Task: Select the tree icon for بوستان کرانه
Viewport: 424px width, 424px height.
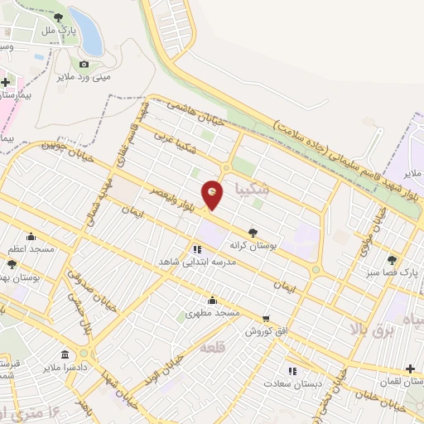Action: tap(252, 233)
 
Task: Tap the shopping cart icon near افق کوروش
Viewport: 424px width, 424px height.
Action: tap(265, 318)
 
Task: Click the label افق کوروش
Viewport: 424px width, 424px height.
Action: tap(265, 331)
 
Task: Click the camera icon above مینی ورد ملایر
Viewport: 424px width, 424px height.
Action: tap(84, 65)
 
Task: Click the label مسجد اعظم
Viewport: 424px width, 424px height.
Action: tap(31, 248)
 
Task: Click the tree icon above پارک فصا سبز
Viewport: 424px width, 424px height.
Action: tap(392, 259)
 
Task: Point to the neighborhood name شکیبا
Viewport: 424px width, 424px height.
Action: tap(252, 187)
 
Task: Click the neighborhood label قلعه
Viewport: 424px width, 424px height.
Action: tap(213, 348)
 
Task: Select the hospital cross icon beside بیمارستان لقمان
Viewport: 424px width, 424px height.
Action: tap(411, 369)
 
